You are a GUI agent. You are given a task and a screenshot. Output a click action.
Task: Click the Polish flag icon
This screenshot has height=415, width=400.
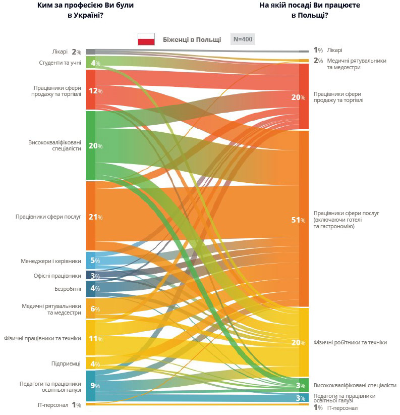146,39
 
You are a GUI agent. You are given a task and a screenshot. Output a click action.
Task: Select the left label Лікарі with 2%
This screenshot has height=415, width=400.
63,51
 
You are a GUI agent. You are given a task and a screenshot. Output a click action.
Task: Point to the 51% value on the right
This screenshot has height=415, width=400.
298,220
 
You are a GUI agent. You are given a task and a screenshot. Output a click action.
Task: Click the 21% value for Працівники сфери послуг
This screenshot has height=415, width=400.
95,217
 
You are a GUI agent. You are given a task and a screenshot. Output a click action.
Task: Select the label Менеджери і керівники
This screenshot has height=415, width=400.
51,261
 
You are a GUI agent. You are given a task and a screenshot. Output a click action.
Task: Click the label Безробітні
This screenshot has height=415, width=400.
68,289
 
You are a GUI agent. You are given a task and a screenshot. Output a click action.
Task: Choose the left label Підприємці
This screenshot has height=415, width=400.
66,364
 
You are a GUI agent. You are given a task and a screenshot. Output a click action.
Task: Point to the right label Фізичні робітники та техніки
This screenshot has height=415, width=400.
350,342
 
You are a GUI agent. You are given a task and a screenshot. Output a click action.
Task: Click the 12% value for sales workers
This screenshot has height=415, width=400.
95,91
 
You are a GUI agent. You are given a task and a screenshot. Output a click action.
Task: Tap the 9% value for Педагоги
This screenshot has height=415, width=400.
95,386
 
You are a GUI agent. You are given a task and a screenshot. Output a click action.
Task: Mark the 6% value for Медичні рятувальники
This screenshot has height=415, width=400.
95,309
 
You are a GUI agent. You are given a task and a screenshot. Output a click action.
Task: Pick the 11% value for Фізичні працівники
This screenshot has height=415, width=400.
95,338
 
